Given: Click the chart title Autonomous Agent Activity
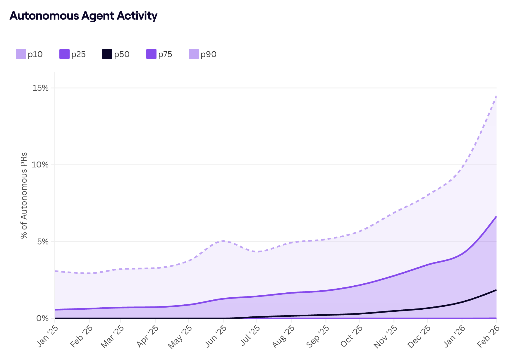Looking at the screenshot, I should click(x=83, y=16).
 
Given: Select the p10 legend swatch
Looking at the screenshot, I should click(x=21, y=54).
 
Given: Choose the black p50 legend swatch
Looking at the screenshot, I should click(x=107, y=54).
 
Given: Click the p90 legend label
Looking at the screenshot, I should click(x=209, y=54).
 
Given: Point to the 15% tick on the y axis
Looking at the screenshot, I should click(x=40, y=88).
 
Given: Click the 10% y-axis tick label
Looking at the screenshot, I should click(x=40, y=165).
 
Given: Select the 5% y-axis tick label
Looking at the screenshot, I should click(x=43, y=242).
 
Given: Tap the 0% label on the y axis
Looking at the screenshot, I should click(x=43, y=318).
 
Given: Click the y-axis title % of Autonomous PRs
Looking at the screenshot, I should click(x=24, y=195).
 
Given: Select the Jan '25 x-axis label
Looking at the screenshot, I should click(x=48, y=336).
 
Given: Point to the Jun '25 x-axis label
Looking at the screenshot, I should click(x=216, y=336).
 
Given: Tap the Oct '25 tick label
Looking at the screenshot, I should click(x=352, y=336).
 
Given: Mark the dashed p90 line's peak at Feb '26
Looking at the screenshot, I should click(x=496, y=96).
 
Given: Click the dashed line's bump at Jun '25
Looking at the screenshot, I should click(x=223, y=241).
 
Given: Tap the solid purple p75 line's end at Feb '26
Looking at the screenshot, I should click(x=496, y=217).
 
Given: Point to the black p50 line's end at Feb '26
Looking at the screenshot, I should click(x=496, y=290).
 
